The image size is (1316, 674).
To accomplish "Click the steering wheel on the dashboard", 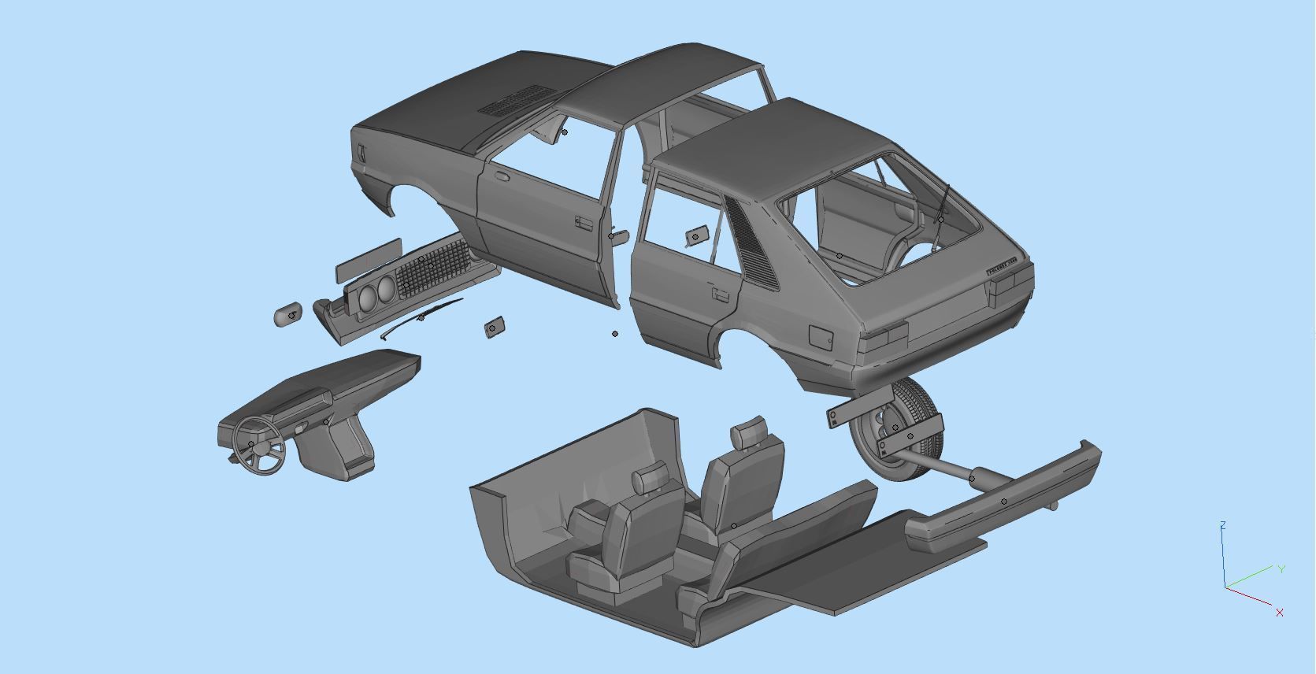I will point(258,445).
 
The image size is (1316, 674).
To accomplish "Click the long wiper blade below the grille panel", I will point(421,317).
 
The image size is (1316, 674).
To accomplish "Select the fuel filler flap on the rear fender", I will point(821,337).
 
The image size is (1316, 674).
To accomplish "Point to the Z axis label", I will point(1222,525).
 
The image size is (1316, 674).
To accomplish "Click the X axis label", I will point(1280,612).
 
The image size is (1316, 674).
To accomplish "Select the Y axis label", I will point(1281,568).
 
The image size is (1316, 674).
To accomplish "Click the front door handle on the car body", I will point(584,224).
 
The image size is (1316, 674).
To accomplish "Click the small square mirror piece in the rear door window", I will point(695,235).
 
